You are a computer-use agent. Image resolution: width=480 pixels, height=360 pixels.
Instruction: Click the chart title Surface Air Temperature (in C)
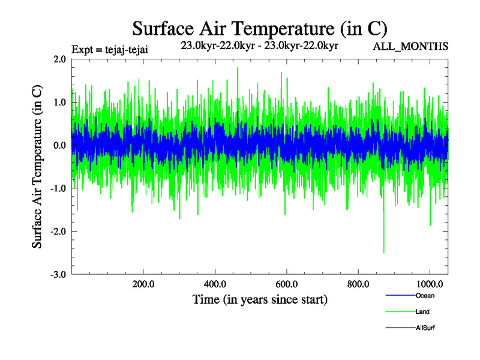click(x=259, y=28)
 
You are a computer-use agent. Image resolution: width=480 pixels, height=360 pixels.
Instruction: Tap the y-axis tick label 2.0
click(x=59, y=59)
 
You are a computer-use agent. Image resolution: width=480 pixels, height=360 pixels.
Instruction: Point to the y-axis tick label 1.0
click(x=59, y=103)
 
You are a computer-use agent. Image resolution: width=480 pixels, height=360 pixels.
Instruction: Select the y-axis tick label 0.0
click(x=59, y=145)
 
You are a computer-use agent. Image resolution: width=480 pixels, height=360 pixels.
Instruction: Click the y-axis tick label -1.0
click(x=58, y=188)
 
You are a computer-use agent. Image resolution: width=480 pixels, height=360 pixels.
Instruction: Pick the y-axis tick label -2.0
click(x=58, y=232)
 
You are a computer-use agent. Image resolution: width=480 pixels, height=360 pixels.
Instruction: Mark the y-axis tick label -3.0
click(x=58, y=274)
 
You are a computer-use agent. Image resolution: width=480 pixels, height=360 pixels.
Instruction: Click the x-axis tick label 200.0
click(x=143, y=284)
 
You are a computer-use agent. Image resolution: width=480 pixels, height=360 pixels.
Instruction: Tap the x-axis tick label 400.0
click(x=215, y=284)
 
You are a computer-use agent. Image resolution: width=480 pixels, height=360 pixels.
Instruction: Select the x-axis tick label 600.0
click(x=286, y=284)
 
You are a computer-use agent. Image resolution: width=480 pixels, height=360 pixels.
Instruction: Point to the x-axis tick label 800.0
click(x=358, y=284)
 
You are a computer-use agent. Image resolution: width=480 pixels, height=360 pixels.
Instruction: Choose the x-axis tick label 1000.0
click(x=430, y=284)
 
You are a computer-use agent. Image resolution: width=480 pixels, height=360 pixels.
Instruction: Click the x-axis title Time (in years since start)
click(x=260, y=299)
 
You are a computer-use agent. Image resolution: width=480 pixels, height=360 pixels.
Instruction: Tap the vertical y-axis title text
click(x=37, y=167)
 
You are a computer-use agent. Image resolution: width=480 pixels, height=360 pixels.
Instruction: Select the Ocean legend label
click(x=425, y=295)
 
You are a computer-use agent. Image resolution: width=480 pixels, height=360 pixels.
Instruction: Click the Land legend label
click(x=422, y=312)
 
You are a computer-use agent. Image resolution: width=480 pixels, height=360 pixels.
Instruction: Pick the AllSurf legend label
click(x=425, y=328)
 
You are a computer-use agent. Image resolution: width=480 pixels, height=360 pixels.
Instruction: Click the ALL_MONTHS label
click(x=410, y=46)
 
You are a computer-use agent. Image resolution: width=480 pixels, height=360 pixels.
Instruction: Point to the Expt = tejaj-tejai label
click(x=109, y=49)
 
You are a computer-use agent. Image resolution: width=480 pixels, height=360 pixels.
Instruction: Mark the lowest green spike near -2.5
click(x=384, y=252)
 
